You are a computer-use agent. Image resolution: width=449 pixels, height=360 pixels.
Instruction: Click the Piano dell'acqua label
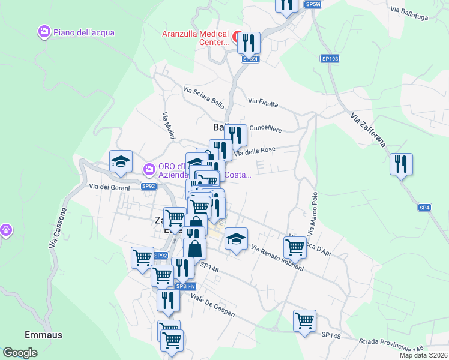pyautogui.click(x=83, y=32)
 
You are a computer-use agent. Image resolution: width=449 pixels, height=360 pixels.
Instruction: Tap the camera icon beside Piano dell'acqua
pyautogui.click(x=43, y=32)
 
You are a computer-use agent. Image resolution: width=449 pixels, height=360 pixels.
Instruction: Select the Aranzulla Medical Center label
pyautogui.click(x=196, y=38)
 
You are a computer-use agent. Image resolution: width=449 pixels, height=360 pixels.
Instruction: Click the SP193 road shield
pyautogui.click(x=330, y=59)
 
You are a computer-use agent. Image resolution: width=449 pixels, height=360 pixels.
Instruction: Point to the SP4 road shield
pyautogui.click(x=424, y=208)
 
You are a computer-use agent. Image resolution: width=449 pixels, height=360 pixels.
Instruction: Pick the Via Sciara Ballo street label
pyautogui.click(x=204, y=98)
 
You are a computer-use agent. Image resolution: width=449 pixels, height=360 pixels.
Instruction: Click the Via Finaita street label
pyautogui.click(x=263, y=103)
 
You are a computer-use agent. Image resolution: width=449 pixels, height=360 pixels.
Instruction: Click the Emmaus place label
pyautogui.click(x=43, y=335)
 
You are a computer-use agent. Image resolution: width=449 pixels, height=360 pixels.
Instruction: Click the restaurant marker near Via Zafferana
pyautogui.click(x=400, y=164)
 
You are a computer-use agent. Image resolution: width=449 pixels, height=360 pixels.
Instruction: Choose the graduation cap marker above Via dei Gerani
pyautogui.click(x=121, y=161)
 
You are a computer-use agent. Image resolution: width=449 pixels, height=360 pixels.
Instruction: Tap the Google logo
pyautogui.click(x=20, y=353)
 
